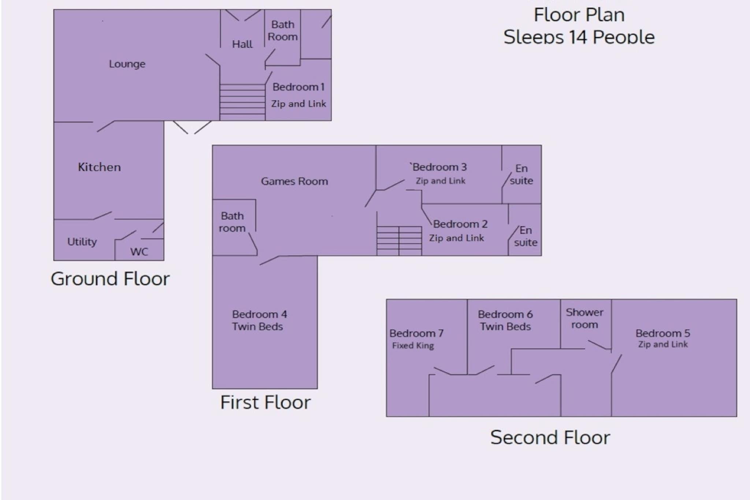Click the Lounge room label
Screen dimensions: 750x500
pyautogui.click(x=127, y=64)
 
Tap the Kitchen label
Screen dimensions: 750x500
pyautogui.click(x=99, y=167)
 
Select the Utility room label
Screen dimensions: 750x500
pyautogui.click(x=82, y=242)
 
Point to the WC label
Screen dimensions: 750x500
pyautogui.click(x=139, y=252)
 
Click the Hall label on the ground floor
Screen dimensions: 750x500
pyautogui.click(x=242, y=44)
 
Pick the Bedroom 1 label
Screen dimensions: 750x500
pyautogui.click(x=298, y=87)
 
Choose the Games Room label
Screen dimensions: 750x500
pyautogui.click(x=294, y=181)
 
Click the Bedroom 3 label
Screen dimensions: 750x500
pyautogui.click(x=438, y=167)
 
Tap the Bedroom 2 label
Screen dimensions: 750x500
pyautogui.click(x=460, y=224)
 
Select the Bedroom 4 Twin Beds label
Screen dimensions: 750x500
pyautogui.click(x=259, y=321)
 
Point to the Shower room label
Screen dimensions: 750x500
pyautogui.click(x=584, y=318)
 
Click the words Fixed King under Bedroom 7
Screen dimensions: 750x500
pyautogui.click(x=413, y=345)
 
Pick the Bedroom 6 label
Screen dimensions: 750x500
pyautogui.click(x=505, y=314)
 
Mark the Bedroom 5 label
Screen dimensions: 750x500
pyautogui.click(x=663, y=333)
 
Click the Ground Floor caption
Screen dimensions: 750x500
pyautogui.click(x=110, y=279)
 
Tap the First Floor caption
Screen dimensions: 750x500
pyautogui.click(x=266, y=402)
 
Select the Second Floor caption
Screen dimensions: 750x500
pyautogui.click(x=550, y=437)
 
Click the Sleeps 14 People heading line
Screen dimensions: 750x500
pyautogui.click(x=579, y=37)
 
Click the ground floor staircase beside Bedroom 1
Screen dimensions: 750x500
pyautogui.click(x=242, y=102)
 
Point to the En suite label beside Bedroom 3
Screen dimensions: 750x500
pyautogui.click(x=521, y=174)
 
